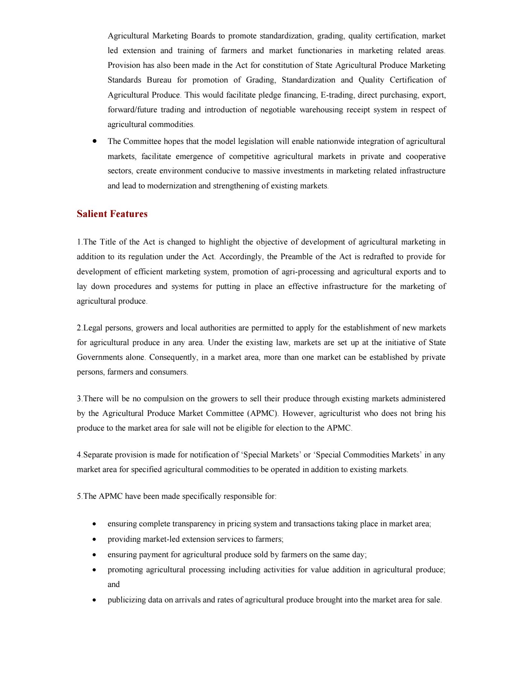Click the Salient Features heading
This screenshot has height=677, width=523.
(112, 214)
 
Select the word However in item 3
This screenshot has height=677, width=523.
(299, 413)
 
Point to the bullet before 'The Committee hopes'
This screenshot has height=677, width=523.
(95, 141)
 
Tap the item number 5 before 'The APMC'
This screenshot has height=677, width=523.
(79, 496)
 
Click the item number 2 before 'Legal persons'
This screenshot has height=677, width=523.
(79, 328)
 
